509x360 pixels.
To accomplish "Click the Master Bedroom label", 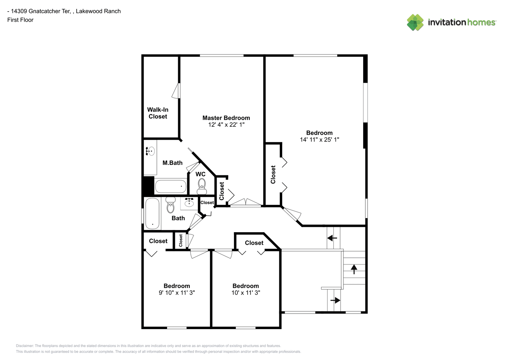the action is point(226,118).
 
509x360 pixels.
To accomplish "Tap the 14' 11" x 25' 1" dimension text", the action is point(319,140).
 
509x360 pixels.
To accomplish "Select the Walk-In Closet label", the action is point(158,113).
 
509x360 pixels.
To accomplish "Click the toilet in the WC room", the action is point(202,186).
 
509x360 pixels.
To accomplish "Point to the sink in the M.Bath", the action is point(150,151).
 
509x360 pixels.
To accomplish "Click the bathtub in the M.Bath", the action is point(171,186).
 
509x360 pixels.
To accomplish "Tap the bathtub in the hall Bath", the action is point(152,213).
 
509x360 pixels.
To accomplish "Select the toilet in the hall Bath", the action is point(170,204).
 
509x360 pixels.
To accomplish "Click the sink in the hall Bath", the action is point(189,202).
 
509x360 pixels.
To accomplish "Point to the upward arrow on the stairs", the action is point(354,269).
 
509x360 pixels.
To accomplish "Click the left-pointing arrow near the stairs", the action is point(332,238).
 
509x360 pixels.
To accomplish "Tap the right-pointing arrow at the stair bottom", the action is point(335,300).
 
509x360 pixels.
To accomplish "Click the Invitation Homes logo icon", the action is point(415,22).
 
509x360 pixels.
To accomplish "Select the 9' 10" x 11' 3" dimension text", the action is point(177,293).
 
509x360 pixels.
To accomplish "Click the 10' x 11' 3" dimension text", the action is point(246,293).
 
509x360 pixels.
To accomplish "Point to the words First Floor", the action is point(20,20).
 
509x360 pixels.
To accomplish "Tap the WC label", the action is point(201,174).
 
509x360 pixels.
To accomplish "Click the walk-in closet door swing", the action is point(176,91).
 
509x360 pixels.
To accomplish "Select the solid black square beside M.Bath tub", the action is point(148,185).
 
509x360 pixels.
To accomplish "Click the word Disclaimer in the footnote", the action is point(24,346).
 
